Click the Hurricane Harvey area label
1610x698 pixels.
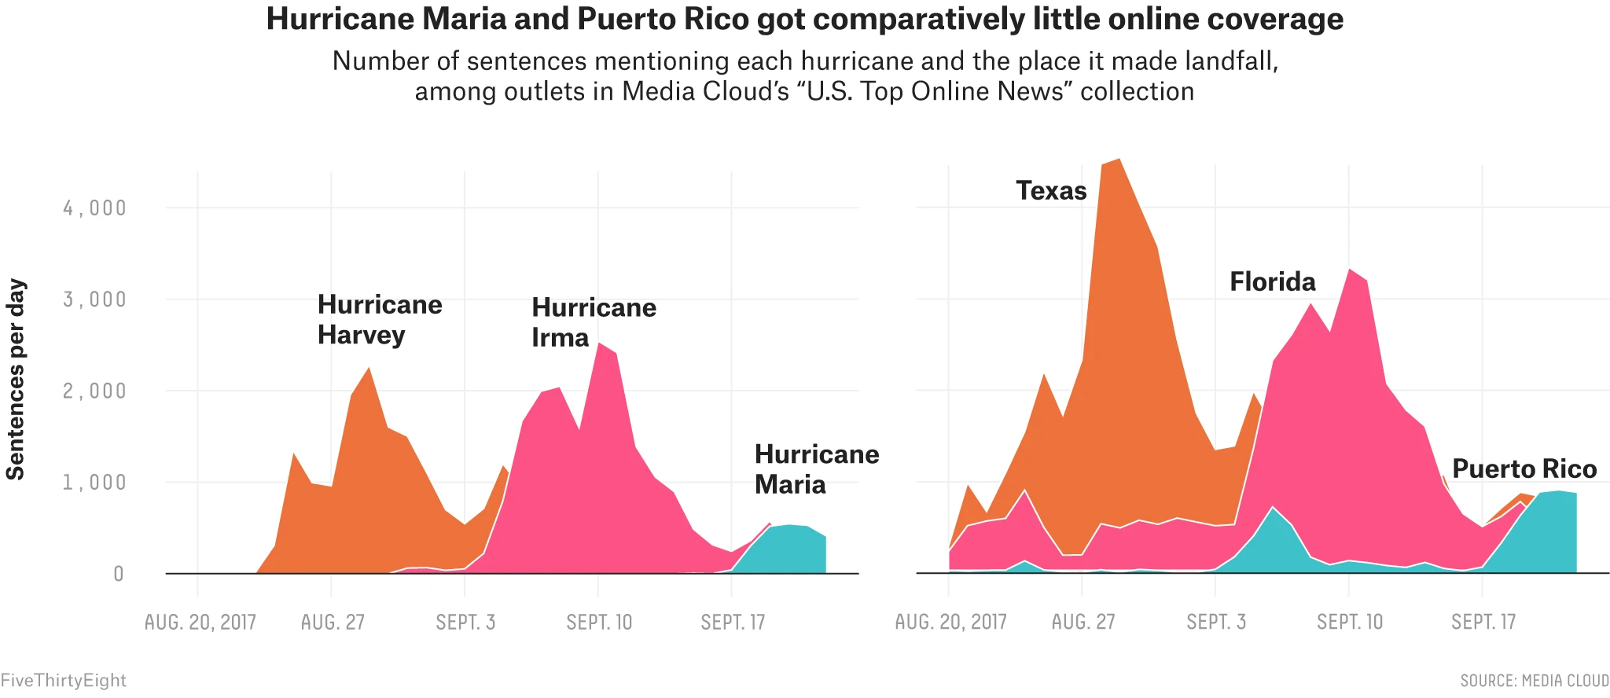click(380, 320)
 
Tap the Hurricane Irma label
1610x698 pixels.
click(594, 322)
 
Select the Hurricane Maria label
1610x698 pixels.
click(816, 469)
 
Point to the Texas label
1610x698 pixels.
click(1051, 191)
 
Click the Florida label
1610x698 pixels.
click(1272, 281)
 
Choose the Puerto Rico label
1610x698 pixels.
click(1524, 469)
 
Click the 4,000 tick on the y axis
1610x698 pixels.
click(94, 208)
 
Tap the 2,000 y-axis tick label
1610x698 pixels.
click(94, 391)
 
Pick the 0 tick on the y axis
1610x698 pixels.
click(118, 575)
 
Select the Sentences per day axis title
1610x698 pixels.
click(16, 379)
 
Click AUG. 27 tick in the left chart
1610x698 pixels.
click(333, 623)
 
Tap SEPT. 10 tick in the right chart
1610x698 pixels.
click(1349, 623)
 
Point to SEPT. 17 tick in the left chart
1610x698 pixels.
click(733, 623)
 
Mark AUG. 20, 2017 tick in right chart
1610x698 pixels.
click(950, 623)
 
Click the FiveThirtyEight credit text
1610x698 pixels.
click(63, 681)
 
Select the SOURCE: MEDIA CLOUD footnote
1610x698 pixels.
click(1535, 681)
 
